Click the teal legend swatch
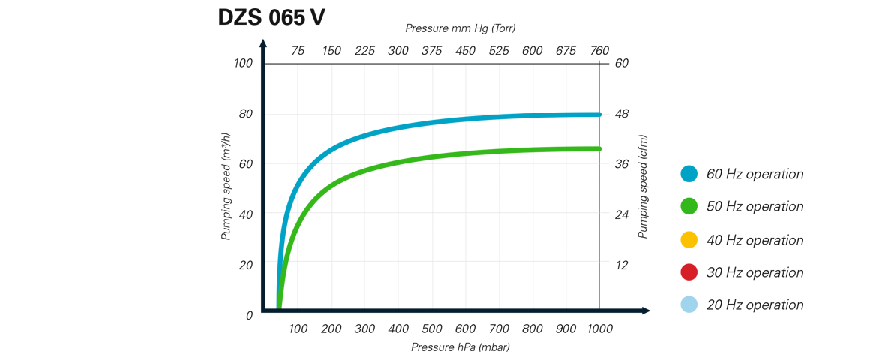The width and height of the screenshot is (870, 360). coord(691,178)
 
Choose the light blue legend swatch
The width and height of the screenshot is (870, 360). coord(691,300)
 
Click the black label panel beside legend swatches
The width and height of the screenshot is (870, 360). coord(753,238)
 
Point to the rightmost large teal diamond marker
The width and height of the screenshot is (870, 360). coord(582,113)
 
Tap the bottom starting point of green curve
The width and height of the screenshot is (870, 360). coord(282,303)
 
